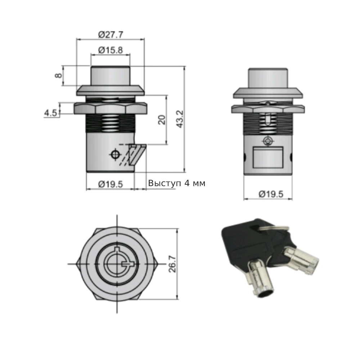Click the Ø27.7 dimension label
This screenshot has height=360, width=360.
(111, 35)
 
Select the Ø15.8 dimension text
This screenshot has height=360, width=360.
(111, 50)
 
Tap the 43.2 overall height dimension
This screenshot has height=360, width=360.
(180, 119)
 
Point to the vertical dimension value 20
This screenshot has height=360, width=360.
(162, 120)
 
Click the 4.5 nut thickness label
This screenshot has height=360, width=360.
(50, 113)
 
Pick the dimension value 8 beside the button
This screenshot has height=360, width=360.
(59, 75)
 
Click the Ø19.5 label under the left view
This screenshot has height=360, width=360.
(111, 184)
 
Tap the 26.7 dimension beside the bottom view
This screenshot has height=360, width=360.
(172, 264)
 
